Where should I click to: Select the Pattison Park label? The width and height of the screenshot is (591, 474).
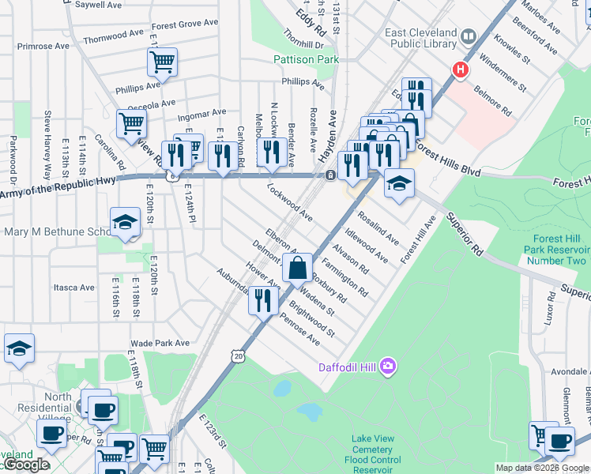click(299, 59)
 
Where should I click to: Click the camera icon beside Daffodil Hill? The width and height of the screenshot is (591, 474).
click(388, 366)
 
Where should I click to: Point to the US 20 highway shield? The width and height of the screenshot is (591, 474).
click(238, 357)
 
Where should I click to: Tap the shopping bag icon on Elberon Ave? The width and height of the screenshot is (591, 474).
click(297, 268)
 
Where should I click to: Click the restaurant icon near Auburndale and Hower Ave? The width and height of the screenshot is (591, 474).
click(263, 299)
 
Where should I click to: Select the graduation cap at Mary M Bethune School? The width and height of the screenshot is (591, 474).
click(125, 224)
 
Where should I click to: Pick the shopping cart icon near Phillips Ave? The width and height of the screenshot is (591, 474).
click(162, 61)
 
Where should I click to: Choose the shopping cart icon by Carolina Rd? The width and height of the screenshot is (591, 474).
click(131, 122)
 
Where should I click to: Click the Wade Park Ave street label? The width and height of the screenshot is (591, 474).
click(160, 343)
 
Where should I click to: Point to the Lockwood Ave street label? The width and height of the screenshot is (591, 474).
click(290, 201)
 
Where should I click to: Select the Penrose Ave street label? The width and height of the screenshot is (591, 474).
click(300, 329)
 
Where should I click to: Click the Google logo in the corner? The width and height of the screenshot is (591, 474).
click(25, 465)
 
